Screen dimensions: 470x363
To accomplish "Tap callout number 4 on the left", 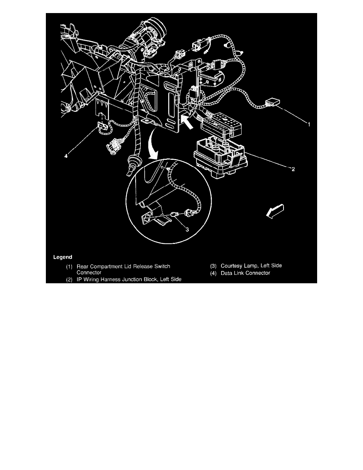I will point(67,156).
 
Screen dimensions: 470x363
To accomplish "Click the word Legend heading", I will point(62,257).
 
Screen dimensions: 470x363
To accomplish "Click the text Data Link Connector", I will point(245,273).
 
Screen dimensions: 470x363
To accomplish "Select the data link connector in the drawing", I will point(102,127).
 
